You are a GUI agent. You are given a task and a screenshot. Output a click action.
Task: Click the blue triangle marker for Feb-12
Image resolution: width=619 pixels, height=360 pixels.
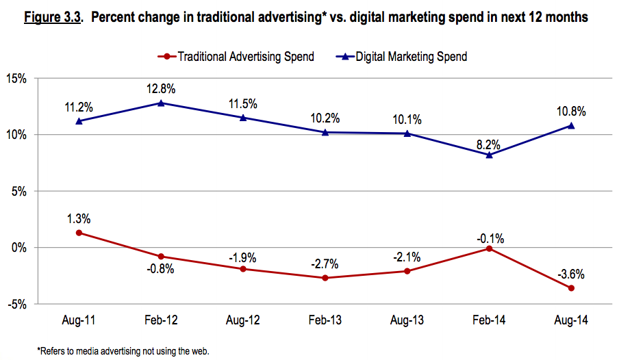tap(161, 103)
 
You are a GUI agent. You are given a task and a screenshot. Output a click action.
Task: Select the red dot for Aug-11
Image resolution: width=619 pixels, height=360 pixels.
tap(79, 233)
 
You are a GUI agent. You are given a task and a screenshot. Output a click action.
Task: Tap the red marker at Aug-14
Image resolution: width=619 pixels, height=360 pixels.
tap(571, 288)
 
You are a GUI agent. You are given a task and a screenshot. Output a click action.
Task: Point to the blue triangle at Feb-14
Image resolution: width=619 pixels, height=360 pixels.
tap(489, 155)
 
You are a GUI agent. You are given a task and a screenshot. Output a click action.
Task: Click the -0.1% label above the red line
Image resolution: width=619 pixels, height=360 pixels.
tap(489, 238)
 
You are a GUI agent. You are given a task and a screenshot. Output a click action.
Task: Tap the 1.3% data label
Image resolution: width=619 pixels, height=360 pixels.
tap(79, 218)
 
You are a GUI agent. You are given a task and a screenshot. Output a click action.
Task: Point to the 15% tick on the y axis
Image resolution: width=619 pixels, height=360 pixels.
tap(16, 79)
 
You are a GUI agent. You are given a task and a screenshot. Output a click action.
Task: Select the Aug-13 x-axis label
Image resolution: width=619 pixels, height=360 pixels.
tap(407, 320)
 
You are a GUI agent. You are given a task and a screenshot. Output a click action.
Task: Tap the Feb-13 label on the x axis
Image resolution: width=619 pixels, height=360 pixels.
tap(325, 320)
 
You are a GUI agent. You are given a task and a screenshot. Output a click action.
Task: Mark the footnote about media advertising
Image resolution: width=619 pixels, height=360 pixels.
tap(123, 351)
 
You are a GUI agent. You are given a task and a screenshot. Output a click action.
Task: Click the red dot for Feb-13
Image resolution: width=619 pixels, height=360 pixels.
tap(325, 278)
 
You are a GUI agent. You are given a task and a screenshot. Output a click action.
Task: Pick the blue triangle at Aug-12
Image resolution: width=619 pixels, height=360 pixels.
tap(243, 117)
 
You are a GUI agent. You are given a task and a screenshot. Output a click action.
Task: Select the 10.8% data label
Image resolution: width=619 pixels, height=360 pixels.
tap(571, 111)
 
